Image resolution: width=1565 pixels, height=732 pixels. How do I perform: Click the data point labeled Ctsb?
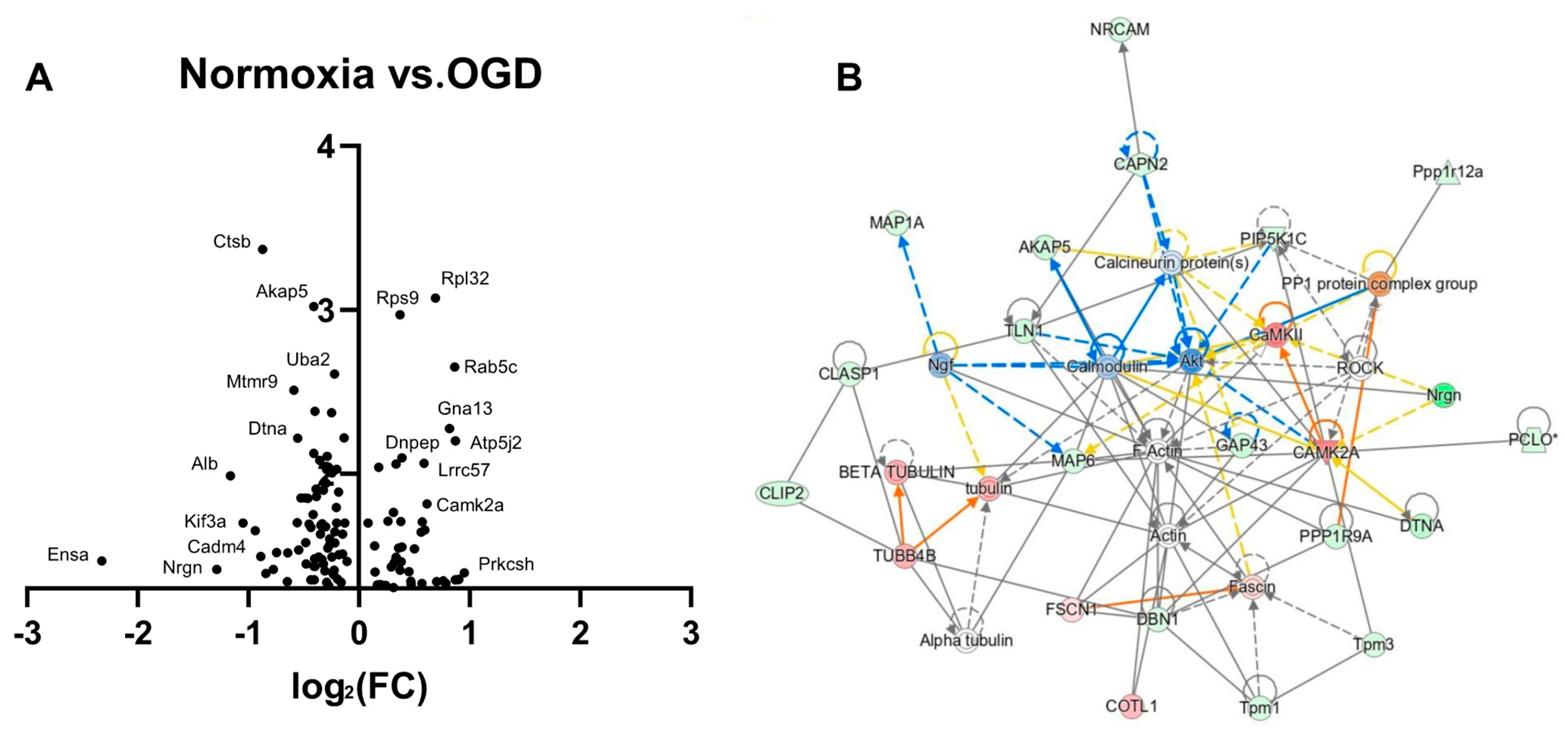click(262, 249)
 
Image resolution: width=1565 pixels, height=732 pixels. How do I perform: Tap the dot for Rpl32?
click(435, 298)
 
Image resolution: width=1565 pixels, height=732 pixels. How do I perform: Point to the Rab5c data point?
click(454, 367)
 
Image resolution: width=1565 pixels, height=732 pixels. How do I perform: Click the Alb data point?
click(230, 476)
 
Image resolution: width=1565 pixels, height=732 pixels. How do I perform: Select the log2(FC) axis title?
click(360, 687)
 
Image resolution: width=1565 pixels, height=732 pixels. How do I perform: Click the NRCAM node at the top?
click(1119, 29)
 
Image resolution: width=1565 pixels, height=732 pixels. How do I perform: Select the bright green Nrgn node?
click(1444, 395)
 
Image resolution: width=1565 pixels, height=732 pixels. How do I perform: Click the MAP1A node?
click(897, 223)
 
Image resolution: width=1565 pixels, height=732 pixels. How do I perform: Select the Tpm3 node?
click(1373, 644)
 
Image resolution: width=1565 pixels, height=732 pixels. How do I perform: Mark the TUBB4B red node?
click(905, 556)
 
